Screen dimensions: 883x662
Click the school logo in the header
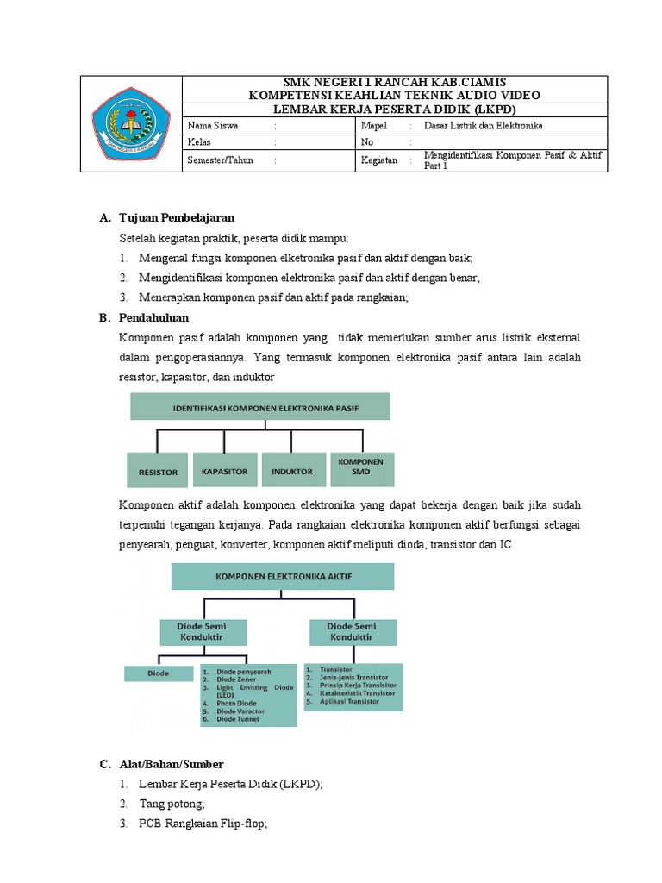click(132, 124)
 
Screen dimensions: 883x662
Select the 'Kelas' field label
click(199, 142)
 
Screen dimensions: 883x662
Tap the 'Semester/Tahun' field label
click(221, 160)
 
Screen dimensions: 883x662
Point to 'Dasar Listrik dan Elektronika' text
click(484, 126)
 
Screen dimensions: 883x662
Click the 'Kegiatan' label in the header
click(379, 160)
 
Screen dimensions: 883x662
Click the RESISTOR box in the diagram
click(158, 472)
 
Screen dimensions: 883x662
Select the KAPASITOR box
click(225, 471)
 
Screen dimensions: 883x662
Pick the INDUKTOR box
click(292, 471)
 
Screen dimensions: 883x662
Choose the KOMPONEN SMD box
click(361, 467)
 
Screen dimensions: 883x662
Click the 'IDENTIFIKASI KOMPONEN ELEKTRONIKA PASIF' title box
click(259, 406)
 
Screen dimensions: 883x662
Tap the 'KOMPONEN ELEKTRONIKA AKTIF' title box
click(283, 576)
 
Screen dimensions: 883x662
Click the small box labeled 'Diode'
click(159, 673)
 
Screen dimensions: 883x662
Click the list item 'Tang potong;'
click(172, 804)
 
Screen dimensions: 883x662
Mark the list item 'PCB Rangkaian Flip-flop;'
click(203, 824)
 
